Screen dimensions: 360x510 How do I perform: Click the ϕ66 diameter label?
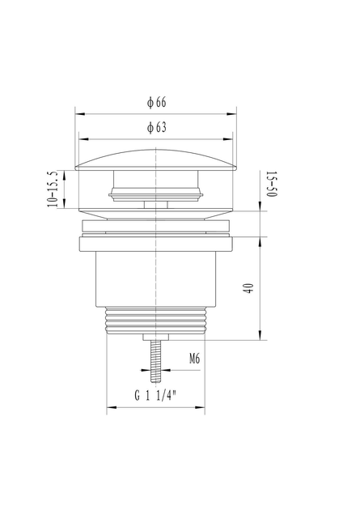156,103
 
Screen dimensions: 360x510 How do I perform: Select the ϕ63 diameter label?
156,128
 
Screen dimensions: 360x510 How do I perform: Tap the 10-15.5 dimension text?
53,189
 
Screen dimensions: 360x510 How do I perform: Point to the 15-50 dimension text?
271,184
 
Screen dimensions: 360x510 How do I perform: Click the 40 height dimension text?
249,288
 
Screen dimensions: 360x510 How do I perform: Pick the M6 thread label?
194,359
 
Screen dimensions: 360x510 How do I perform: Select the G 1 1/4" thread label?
155,396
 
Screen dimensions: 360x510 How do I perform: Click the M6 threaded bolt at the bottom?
156,361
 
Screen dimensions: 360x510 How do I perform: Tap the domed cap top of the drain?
156,159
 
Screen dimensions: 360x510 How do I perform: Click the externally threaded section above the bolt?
156,321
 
